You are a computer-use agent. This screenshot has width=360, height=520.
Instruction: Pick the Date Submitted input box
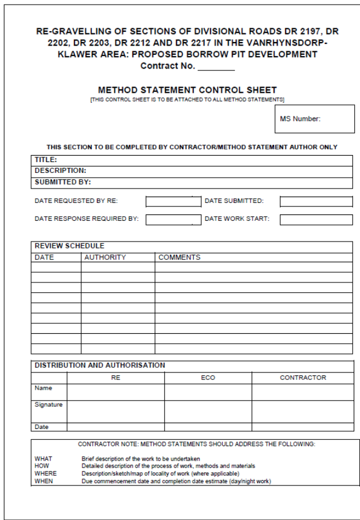[316, 201]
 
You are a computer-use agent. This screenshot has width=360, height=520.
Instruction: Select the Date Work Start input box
[316, 219]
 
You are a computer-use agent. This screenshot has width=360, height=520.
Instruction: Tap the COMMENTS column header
[179, 257]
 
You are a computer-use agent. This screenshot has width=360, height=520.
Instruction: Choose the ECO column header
[208, 378]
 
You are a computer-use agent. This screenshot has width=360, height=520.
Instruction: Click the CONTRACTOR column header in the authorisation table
[302, 378]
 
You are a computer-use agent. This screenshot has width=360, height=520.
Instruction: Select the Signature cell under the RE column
[115, 411]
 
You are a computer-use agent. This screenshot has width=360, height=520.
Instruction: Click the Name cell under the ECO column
[208, 391]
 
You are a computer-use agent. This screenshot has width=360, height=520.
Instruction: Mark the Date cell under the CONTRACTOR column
[302, 427]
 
